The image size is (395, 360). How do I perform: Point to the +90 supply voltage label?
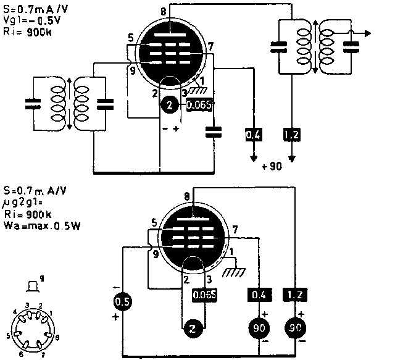click(x=272, y=167)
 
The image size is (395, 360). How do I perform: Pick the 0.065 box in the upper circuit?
click(x=199, y=104)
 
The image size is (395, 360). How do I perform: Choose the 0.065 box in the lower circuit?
click(x=204, y=295)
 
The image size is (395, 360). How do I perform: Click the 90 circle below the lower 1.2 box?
click(x=293, y=329)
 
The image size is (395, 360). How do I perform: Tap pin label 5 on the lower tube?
click(x=154, y=222)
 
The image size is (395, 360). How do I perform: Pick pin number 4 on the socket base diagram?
click(x=15, y=311)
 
